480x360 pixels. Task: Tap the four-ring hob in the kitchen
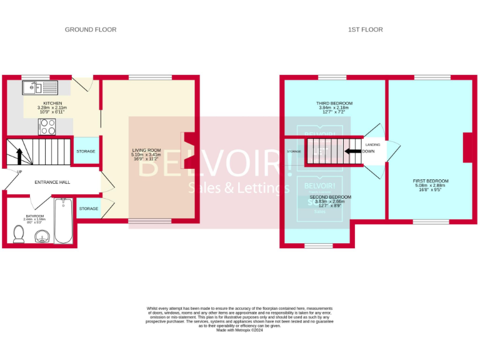(x=48, y=127)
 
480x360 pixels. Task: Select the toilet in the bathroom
(x=19, y=234)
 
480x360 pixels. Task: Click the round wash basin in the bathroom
(x=42, y=236)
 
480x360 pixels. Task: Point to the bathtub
(x=63, y=221)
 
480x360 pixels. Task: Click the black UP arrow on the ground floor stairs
(x=19, y=157)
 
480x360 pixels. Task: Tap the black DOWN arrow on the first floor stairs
(x=353, y=151)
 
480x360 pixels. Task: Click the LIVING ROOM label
(x=146, y=150)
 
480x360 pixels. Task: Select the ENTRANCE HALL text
(x=52, y=182)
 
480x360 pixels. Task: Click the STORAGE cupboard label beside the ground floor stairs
(x=86, y=151)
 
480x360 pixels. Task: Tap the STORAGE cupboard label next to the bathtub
(x=89, y=208)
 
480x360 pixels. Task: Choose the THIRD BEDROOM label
(x=334, y=103)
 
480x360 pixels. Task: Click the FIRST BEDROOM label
(x=431, y=181)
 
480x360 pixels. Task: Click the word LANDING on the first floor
(x=372, y=144)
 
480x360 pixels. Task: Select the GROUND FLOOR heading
(x=91, y=29)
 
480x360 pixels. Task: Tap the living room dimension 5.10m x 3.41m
(x=146, y=155)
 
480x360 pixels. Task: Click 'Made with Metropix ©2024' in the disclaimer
(x=240, y=330)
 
